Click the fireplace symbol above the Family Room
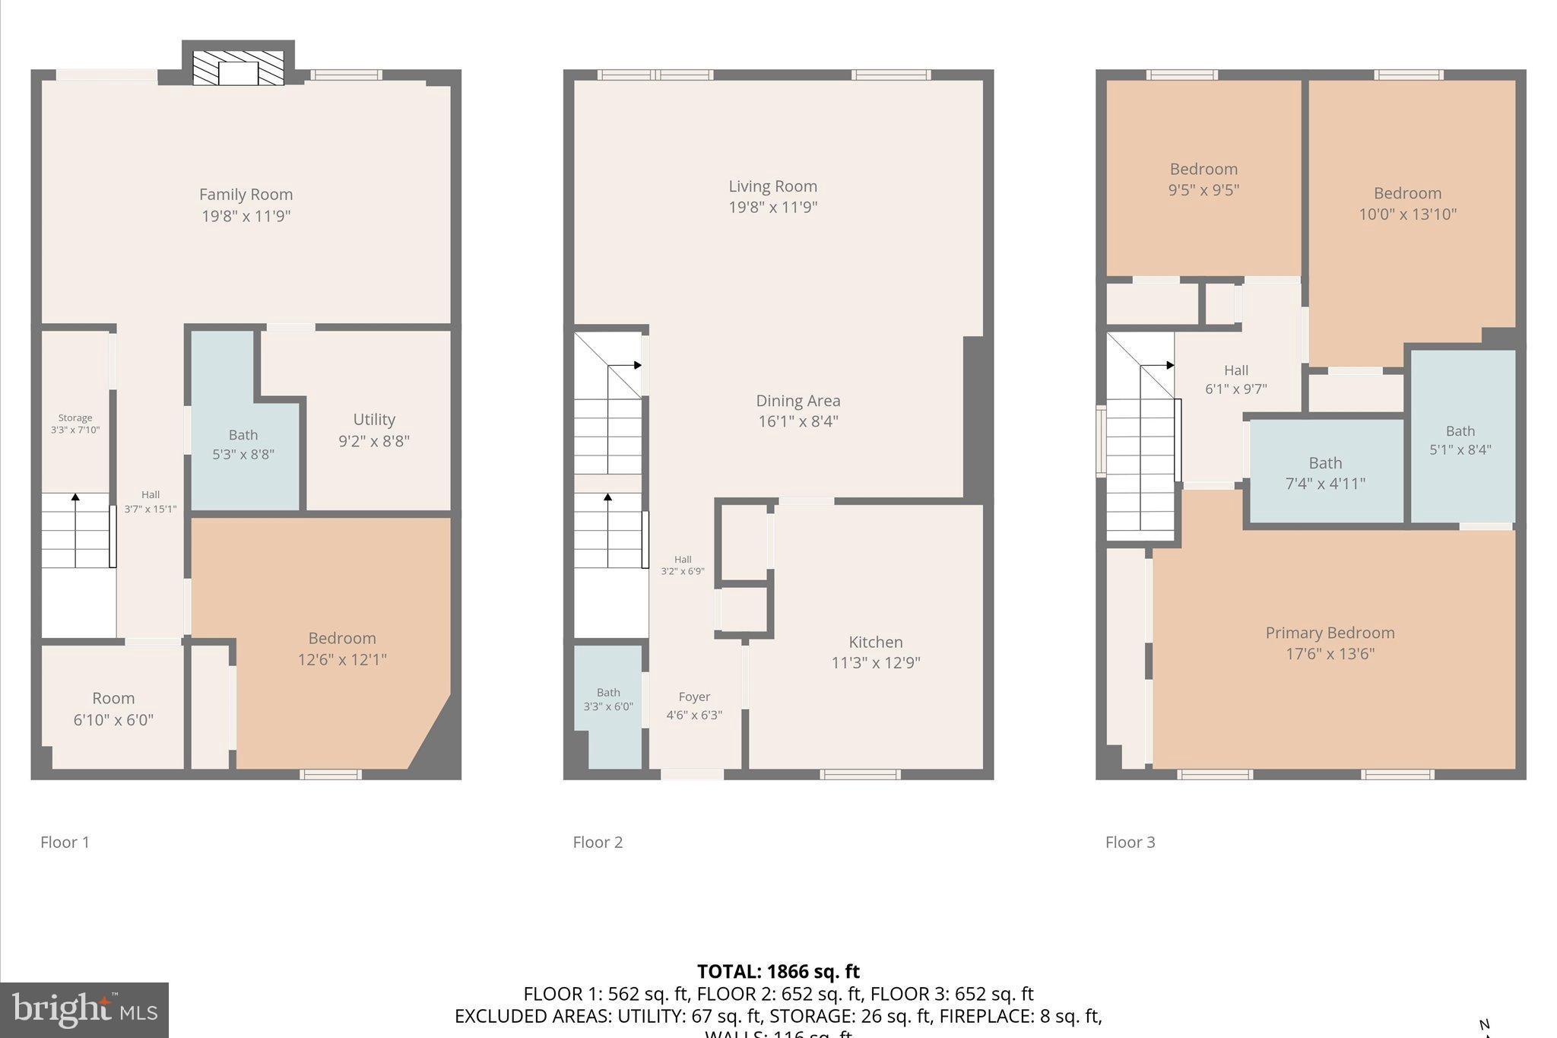coord(238,68)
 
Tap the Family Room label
coord(246,195)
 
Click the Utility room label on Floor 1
coord(373,421)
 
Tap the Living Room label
coord(772,187)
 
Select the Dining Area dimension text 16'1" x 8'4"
coord(798,421)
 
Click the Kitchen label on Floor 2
coord(875,643)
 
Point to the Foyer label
coord(693,697)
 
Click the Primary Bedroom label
coord(1330,633)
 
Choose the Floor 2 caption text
coord(598,843)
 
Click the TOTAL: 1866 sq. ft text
coord(778,972)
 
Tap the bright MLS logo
coord(84,1009)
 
